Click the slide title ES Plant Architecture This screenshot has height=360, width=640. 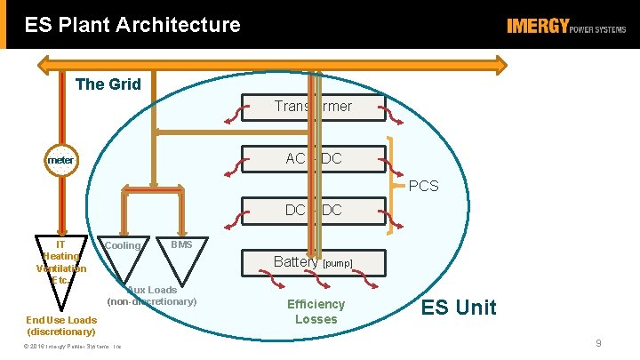(x=132, y=24)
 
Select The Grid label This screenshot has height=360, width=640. (x=108, y=84)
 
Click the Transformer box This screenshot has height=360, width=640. (x=312, y=107)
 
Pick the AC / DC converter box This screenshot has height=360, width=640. (x=312, y=159)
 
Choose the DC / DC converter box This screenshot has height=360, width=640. (x=312, y=211)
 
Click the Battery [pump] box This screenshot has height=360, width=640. (x=312, y=262)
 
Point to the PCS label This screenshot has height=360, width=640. (x=422, y=187)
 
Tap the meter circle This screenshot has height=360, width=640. (x=61, y=160)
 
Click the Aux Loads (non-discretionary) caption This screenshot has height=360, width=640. (x=152, y=296)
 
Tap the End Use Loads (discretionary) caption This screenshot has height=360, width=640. (x=61, y=325)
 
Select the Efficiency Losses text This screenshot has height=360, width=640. (x=316, y=311)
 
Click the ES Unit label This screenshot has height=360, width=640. (x=459, y=308)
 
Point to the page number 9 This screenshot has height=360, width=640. (x=599, y=343)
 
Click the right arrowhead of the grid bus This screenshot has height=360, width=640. (x=503, y=64)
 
